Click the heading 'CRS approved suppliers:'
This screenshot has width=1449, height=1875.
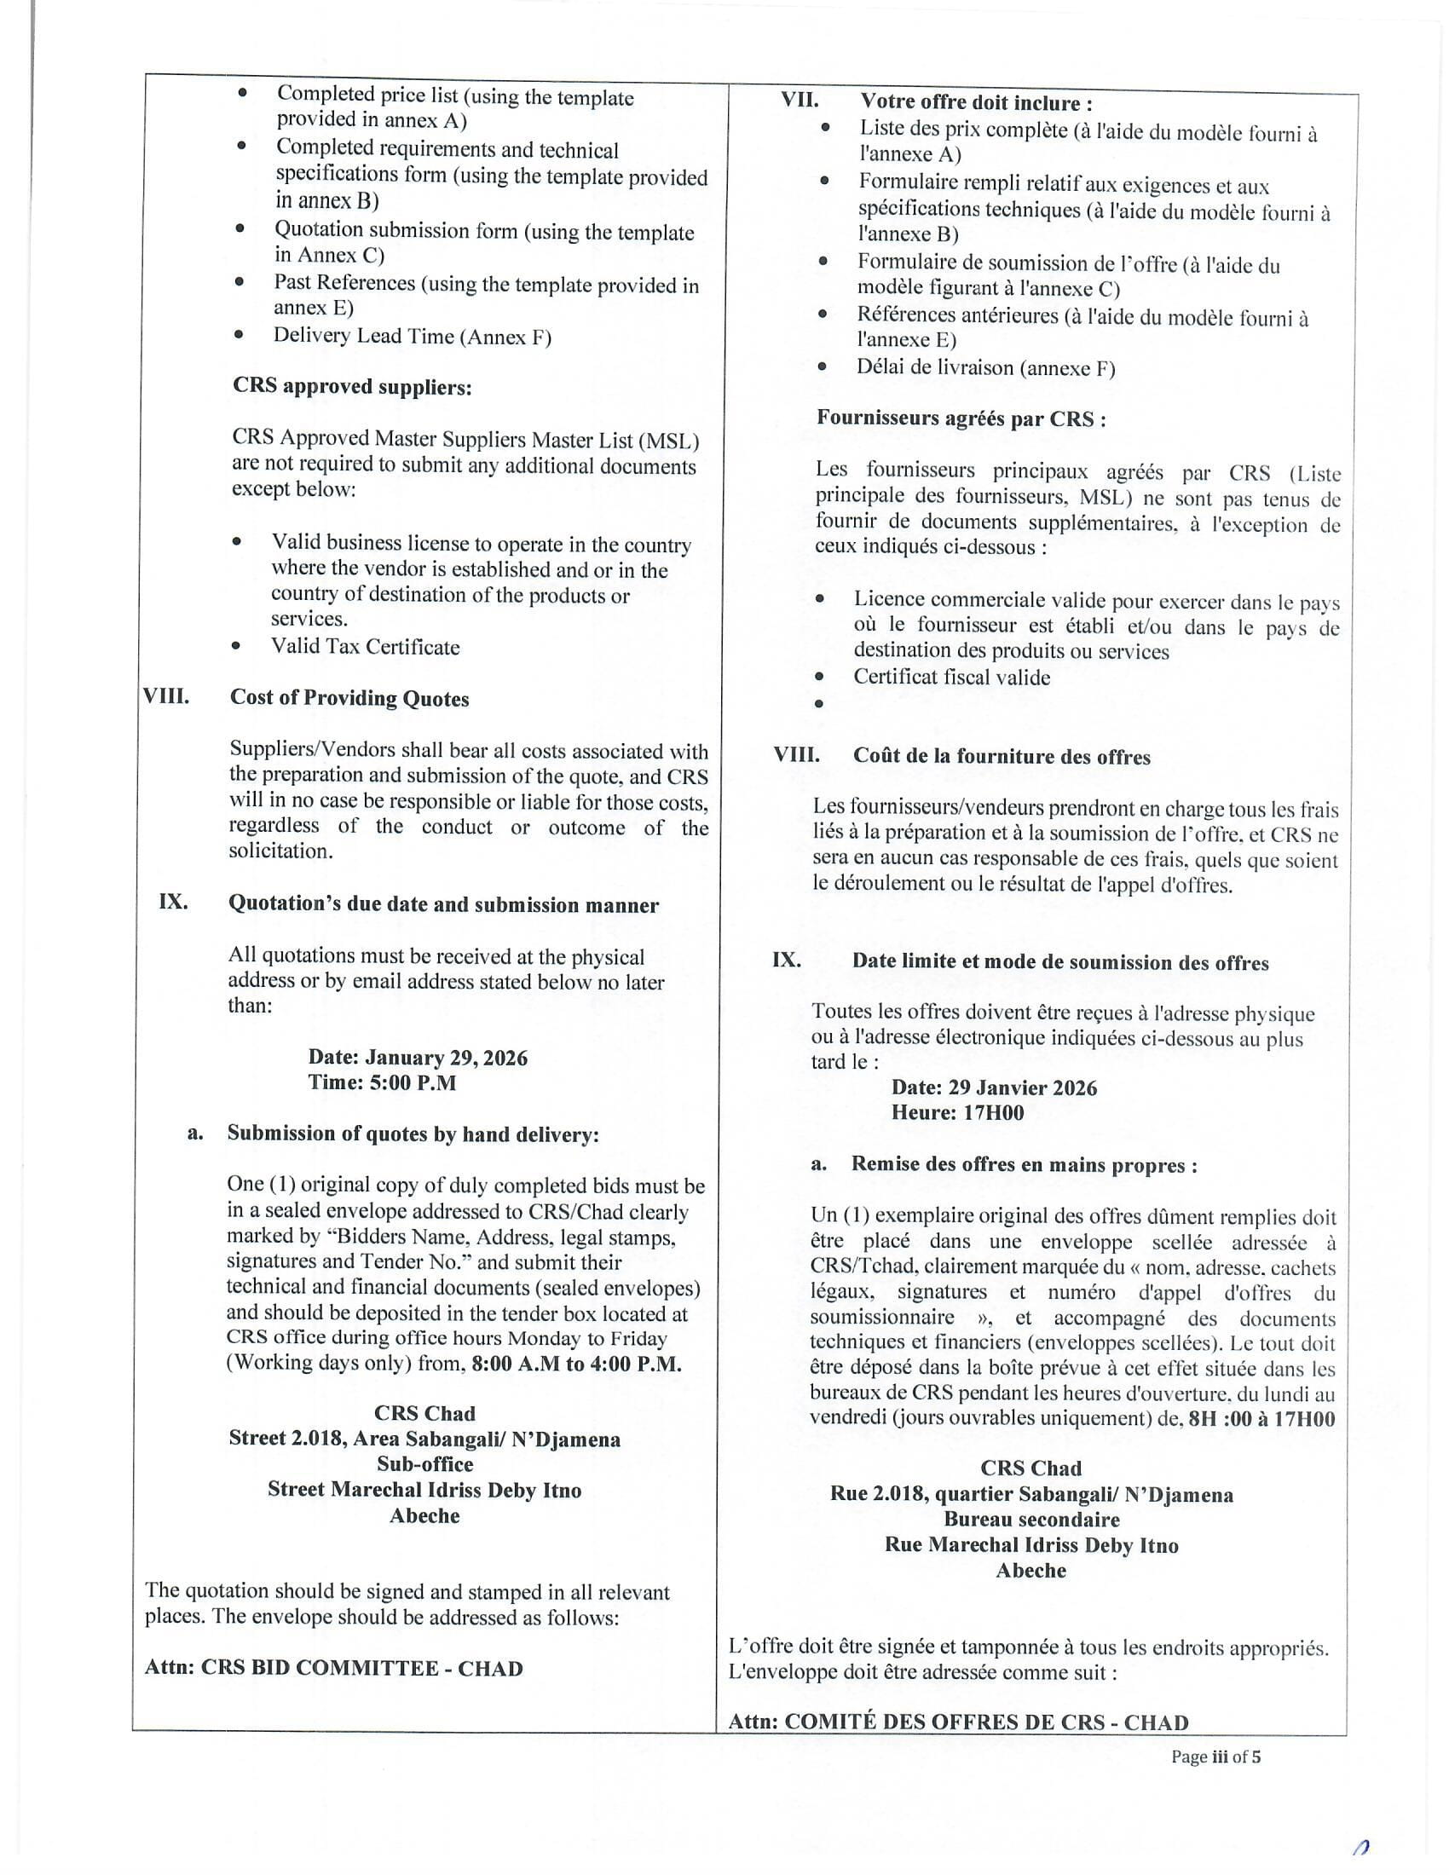[x=352, y=387]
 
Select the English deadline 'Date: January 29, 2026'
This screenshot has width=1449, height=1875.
[x=417, y=1058]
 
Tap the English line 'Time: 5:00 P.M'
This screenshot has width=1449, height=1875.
[x=382, y=1082]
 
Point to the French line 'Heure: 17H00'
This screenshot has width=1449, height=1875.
[x=957, y=1114]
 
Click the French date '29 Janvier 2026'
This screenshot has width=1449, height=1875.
[x=1021, y=1088]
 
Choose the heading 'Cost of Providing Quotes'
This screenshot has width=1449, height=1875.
[x=349, y=699]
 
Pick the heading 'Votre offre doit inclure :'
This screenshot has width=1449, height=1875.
[x=976, y=103]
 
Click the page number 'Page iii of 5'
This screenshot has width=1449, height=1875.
[x=1215, y=1757]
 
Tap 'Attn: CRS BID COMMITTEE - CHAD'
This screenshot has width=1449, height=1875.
[x=334, y=1669]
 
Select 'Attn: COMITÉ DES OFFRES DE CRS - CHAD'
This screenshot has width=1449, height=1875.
[x=958, y=1723]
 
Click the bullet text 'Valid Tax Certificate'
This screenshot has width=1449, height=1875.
[x=366, y=648]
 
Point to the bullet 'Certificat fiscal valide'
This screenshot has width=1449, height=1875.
[x=951, y=678]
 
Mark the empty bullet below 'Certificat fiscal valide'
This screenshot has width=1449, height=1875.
[x=819, y=704]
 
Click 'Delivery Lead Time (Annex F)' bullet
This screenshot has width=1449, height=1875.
[x=412, y=337]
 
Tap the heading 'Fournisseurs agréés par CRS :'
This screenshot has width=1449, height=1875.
[x=961, y=419]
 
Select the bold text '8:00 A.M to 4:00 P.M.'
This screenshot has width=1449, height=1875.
[x=577, y=1365]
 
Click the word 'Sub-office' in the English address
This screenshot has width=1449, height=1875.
[x=425, y=1464]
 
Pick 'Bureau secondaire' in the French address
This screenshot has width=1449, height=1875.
[x=1032, y=1520]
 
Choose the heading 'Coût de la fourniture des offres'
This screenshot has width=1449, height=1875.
[x=1001, y=757]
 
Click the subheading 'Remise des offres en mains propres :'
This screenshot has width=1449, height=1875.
[x=1024, y=1165]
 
